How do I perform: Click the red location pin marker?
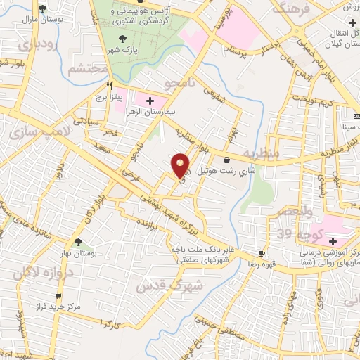[181, 165]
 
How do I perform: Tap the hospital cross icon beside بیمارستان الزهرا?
[149, 101]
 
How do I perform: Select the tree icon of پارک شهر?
[124, 40]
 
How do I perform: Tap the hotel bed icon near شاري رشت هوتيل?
[226, 161]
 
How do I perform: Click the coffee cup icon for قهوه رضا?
[262, 254]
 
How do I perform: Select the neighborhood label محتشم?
[88, 68]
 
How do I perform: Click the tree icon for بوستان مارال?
[43, 8]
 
